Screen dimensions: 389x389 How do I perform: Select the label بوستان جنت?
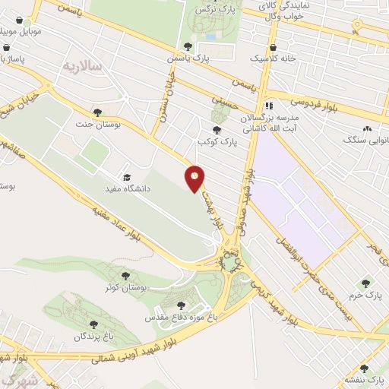pos(94,123)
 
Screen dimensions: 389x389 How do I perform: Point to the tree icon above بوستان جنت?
pos(97,112)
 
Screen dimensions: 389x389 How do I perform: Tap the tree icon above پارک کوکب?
pos(217,130)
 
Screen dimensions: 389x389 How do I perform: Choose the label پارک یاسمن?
pos(189,58)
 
